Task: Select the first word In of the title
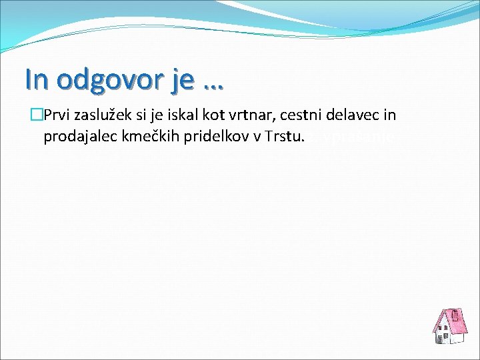coord(37,79)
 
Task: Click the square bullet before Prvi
coord(37,115)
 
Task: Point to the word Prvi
coord(55,115)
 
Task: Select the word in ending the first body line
coord(390,115)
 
